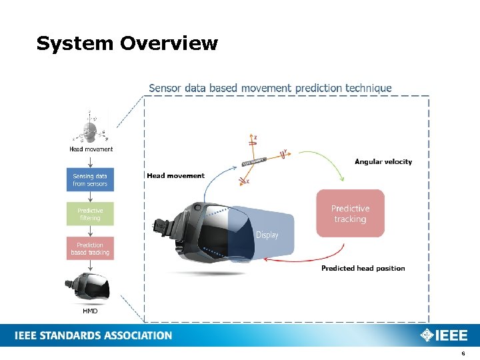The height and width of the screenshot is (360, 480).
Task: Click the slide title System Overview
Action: pos(127,44)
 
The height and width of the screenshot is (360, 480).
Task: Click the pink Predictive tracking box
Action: pos(350,213)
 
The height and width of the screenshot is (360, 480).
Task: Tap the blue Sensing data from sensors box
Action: pos(90,180)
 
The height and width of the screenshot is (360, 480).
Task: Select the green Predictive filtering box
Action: pos(90,214)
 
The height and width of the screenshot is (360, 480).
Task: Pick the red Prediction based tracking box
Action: pos(90,249)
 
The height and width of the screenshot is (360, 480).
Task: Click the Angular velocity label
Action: pos(383,161)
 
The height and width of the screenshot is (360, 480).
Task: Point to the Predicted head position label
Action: pos(363,268)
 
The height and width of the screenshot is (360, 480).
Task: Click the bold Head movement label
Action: pos(175,175)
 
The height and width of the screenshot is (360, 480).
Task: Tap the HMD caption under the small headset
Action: pos(90,311)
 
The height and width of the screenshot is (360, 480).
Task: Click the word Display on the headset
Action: pos(267,235)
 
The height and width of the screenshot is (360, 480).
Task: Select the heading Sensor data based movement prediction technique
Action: pos(270,88)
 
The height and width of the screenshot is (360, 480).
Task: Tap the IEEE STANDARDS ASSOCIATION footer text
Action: pos(93,335)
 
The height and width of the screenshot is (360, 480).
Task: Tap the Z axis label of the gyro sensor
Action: pos(255,137)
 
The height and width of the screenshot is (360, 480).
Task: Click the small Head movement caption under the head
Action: pos(91,149)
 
